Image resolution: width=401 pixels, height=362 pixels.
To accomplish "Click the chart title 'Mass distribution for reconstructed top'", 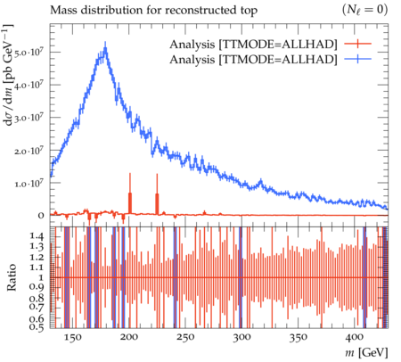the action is pyautogui.click(x=153, y=11).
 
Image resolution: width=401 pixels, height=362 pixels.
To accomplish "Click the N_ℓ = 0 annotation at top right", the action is pyautogui.click(x=364, y=10).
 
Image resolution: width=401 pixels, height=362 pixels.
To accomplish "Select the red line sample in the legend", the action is pyautogui.click(x=358, y=44).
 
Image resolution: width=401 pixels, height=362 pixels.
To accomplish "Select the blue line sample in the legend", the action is pyautogui.click(x=358, y=60).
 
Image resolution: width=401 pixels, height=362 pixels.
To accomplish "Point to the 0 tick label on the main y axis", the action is pyautogui.click(x=41, y=216).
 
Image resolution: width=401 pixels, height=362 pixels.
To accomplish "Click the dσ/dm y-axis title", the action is pyautogui.click(x=10, y=75).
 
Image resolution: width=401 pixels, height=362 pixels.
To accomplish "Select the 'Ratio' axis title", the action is pyautogui.click(x=11, y=277).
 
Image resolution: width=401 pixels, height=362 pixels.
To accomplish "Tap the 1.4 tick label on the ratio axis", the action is pyautogui.click(x=37, y=237).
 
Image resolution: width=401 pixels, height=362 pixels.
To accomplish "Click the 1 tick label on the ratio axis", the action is pyautogui.click(x=41, y=277).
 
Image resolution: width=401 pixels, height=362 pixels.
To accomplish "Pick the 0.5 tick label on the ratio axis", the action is pyautogui.click(x=37, y=327).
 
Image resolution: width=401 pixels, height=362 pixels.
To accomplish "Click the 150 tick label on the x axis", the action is pyautogui.click(x=72, y=337).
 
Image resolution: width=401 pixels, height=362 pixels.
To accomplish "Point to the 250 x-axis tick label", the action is pyautogui.click(x=185, y=337).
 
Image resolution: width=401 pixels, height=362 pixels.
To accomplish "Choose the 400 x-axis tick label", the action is pyautogui.click(x=355, y=337).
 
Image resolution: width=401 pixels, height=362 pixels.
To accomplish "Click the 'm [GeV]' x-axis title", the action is pyautogui.click(x=367, y=353).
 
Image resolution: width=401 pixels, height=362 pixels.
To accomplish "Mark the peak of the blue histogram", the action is pyautogui.click(x=105, y=47).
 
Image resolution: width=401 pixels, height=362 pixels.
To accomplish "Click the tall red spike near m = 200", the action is pyautogui.click(x=130, y=193).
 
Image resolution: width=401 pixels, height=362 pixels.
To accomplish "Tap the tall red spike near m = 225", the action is pyautogui.click(x=157, y=193).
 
